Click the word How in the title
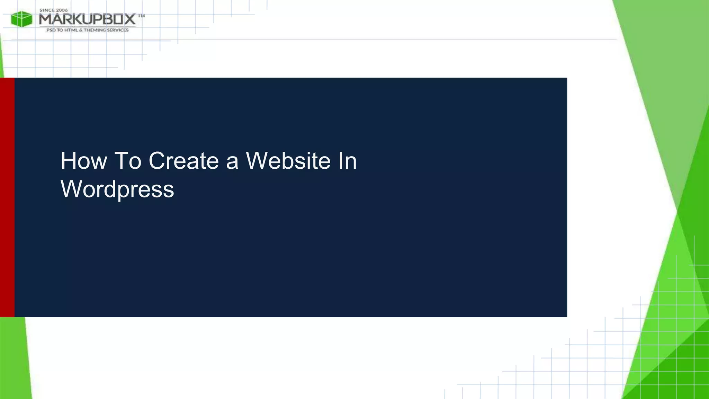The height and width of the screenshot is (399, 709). pyautogui.click(x=84, y=161)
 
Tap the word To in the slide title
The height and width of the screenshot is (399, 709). pyautogui.click(x=128, y=161)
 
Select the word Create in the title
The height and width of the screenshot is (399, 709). pyautogui.click(x=184, y=161)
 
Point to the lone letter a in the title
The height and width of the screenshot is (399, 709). pyautogui.click(x=232, y=162)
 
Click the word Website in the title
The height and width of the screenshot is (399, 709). pyautogui.click(x=288, y=161)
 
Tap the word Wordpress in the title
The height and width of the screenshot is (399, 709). pyautogui.click(x=117, y=189)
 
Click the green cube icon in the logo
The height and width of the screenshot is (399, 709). pyautogui.click(x=21, y=19)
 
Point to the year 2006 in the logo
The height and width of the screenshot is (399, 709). pyautogui.click(x=62, y=10)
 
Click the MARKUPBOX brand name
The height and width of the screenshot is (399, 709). pyautogui.click(x=87, y=19)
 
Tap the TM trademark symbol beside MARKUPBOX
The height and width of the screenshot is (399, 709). pyautogui.click(x=141, y=16)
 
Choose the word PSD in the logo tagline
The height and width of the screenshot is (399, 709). pyautogui.click(x=51, y=30)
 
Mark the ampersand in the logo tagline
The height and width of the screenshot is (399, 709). pyautogui.click(x=81, y=30)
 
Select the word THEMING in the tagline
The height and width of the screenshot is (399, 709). pyautogui.click(x=95, y=30)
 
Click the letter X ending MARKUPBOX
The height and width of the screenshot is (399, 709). pyautogui.click(x=130, y=19)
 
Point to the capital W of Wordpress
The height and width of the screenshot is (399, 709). pyautogui.click(x=71, y=189)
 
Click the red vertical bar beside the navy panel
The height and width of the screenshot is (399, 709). pyautogui.click(x=7, y=197)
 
